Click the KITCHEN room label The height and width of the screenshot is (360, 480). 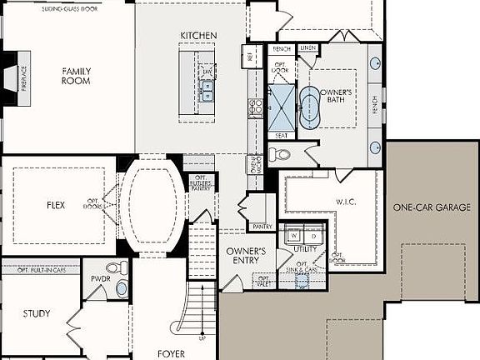point(198,36)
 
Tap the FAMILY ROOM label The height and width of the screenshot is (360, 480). point(76,76)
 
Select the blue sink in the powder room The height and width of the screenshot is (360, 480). point(121,287)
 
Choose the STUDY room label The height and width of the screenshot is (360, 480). point(36,314)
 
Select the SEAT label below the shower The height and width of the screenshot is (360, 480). point(281,135)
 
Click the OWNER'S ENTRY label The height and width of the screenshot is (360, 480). point(247,256)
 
